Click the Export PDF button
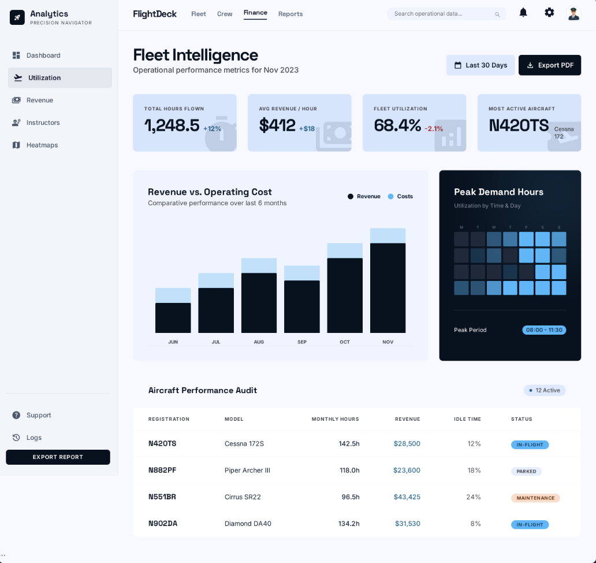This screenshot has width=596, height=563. pos(549,65)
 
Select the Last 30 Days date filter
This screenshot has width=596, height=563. pos(480,65)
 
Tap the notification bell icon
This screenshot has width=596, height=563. pos(523,12)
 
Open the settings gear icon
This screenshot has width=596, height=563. pos(549,12)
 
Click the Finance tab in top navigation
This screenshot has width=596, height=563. pos(255,13)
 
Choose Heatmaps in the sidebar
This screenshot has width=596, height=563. pos(42,145)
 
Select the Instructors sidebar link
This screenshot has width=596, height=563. pos(43,123)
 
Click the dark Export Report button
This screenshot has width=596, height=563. pos(58,457)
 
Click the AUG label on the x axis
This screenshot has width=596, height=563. pos(259,342)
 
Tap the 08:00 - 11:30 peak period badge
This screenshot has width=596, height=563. pos(544,330)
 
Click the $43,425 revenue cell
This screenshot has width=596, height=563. pos(407,497)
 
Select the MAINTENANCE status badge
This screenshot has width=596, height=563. pos(535,498)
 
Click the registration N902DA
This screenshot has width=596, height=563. pos(163,524)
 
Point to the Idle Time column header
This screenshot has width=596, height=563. pos(467,419)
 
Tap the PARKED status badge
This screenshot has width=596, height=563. pos(526,471)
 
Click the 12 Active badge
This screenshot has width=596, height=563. pos(545,390)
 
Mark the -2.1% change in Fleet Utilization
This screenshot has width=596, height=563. pos(434,128)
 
